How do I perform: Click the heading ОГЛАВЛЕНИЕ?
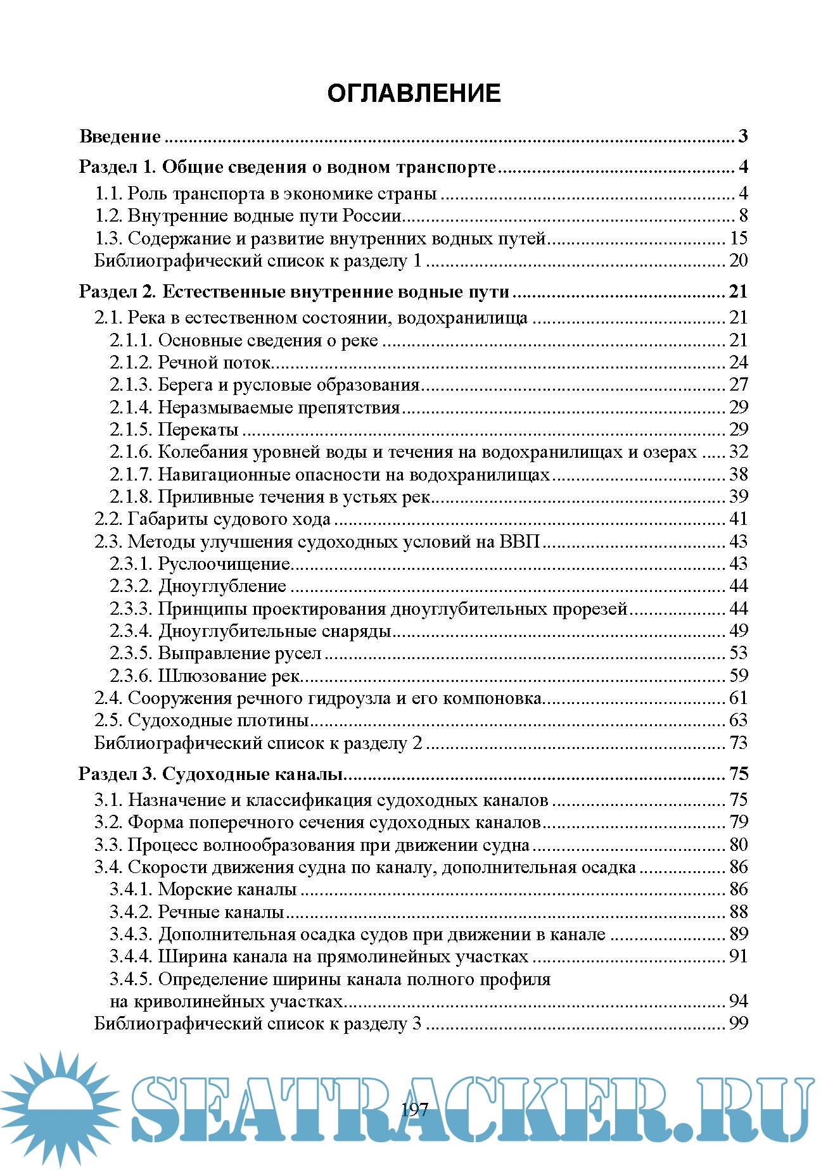click(414, 94)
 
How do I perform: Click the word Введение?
click(120, 137)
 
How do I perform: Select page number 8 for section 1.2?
click(743, 216)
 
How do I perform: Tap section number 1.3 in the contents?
click(108, 239)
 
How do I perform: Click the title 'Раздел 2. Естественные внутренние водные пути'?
click(294, 292)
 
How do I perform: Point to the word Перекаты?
click(198, 430)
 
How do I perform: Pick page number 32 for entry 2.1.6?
click(739, 452)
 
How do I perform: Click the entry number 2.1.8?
click(131, 497)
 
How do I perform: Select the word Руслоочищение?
click(224, 564)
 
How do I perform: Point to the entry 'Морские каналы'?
click(227, 890)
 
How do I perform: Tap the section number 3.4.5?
click(131, 979)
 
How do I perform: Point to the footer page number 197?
click(415, 1110)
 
